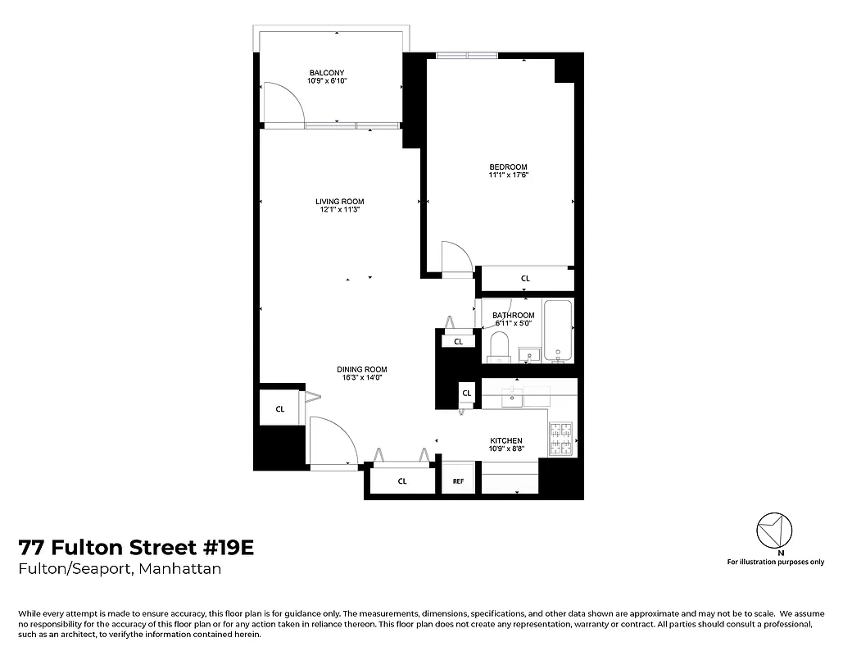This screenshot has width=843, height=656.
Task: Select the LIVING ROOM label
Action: pyautogui.click(x=340, y=202)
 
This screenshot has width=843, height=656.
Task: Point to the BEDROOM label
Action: pyautogui.click(x=509, y=167)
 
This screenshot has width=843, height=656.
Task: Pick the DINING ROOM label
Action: pyautogui.click(x=361, y=369)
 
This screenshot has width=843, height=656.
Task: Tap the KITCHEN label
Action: pyautogui.click(x=505, y=441)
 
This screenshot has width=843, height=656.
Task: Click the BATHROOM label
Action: pyautogui.click(x=514, y=316)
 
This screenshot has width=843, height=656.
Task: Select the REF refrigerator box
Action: pyautogui.click(x=458, y=481)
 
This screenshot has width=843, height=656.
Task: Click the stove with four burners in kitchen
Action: pyautogui.click(x=560, y=439)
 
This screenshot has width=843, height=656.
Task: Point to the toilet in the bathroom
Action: pyautogui.click(x=499, y=348)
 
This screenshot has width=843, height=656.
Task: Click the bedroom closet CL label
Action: pyautogui.click(x=525, y=279)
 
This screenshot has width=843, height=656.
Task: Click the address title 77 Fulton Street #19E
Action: pyautogui.click(x=136, y=547)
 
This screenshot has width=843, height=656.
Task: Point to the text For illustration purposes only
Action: pyautogui.click(x=775, y=562)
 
